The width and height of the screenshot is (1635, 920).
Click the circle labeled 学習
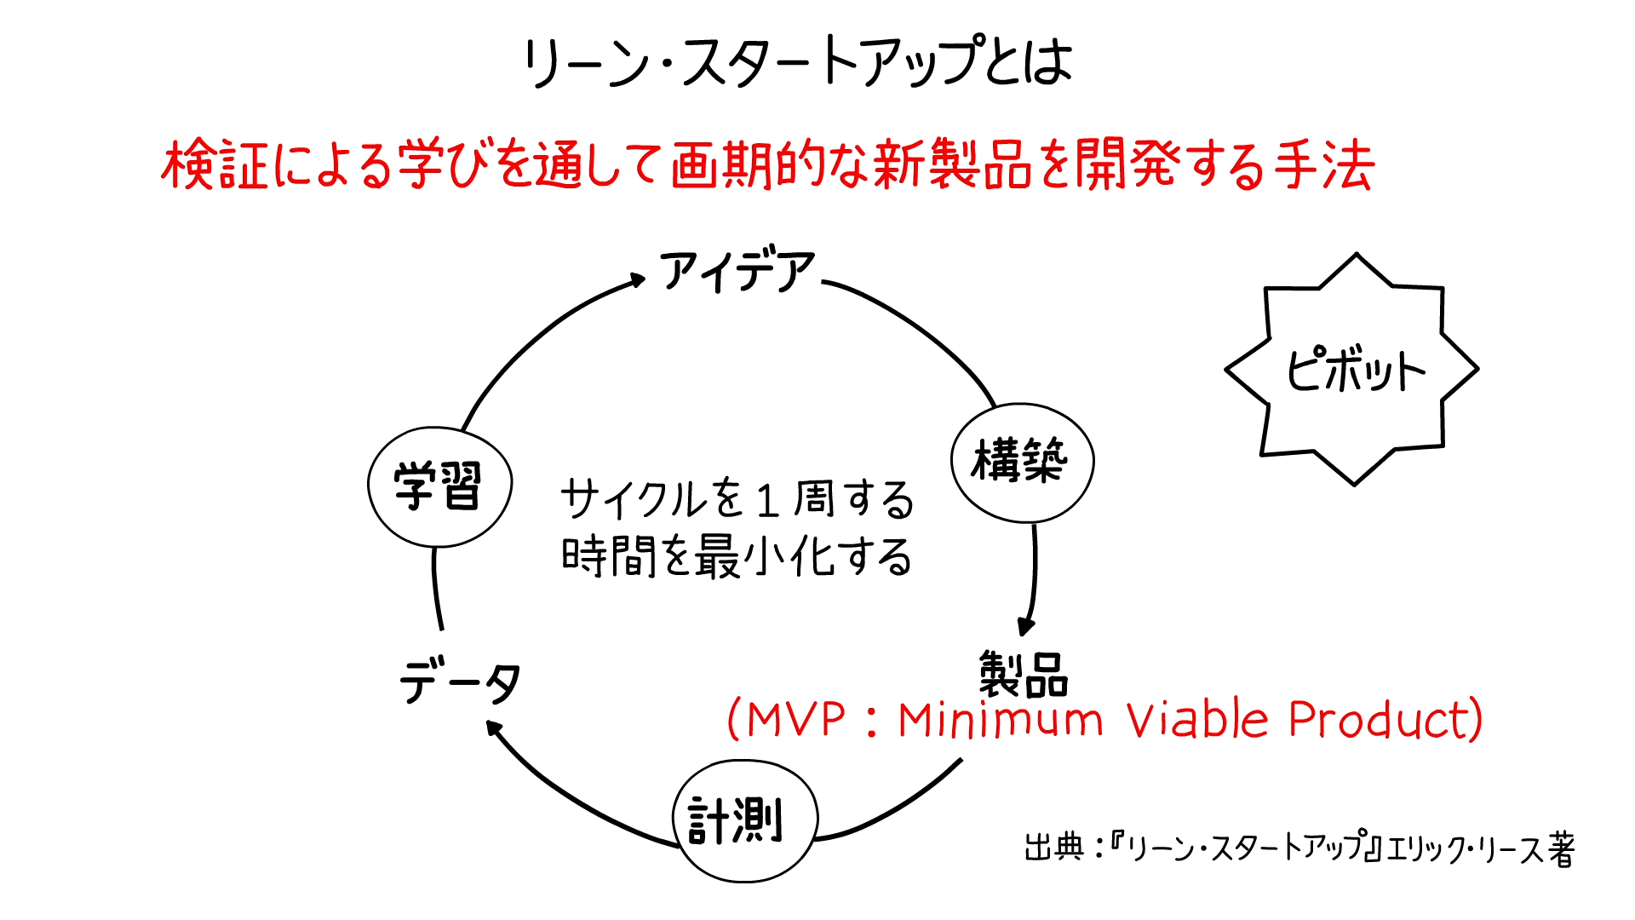[439, 486]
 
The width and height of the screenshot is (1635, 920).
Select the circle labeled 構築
[1022, 463]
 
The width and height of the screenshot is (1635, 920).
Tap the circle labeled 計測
[744, 820]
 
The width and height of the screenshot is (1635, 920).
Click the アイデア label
[737, 271]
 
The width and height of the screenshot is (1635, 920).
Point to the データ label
[460, 682]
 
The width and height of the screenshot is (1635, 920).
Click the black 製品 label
[1023, 675]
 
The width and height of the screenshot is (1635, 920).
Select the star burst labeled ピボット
[1352, 370]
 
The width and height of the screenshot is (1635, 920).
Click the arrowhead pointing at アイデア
[638, 279]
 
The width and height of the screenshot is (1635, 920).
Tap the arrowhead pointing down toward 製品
[1026, 628]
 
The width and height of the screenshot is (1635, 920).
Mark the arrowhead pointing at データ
[493, 727]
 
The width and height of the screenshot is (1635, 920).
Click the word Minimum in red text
[1001, 721]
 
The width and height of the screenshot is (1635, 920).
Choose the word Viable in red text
[1197, 720]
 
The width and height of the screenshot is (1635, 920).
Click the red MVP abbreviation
[795, 720]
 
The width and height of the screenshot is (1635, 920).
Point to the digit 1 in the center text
[766, 501]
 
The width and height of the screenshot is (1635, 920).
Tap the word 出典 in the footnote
[1054, 848]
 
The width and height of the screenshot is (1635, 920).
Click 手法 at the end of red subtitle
[1324, 164]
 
